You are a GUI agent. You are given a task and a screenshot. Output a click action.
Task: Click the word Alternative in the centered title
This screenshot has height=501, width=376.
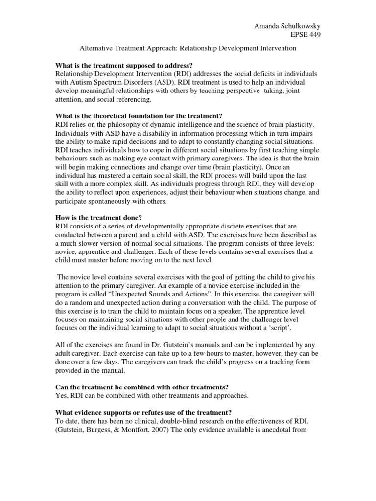tap(98, 49)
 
